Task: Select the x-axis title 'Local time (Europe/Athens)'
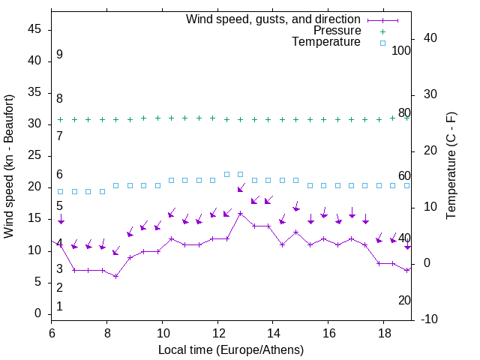click(231, 350)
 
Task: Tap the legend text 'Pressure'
click(337, 31)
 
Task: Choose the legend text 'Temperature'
click(326, 43)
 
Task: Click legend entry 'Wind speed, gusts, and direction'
click(274, 19)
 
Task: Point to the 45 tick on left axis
click(34, 29)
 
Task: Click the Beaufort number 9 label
click(59, 55)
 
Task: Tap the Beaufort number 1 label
click(59, 307)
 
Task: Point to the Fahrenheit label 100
click(401, 50)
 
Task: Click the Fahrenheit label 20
click(404, 301)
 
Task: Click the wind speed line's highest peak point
click(241, 213)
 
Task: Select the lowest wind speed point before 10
click(116, 276)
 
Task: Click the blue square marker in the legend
click(382, 43)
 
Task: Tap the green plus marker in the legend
click(382, 31)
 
